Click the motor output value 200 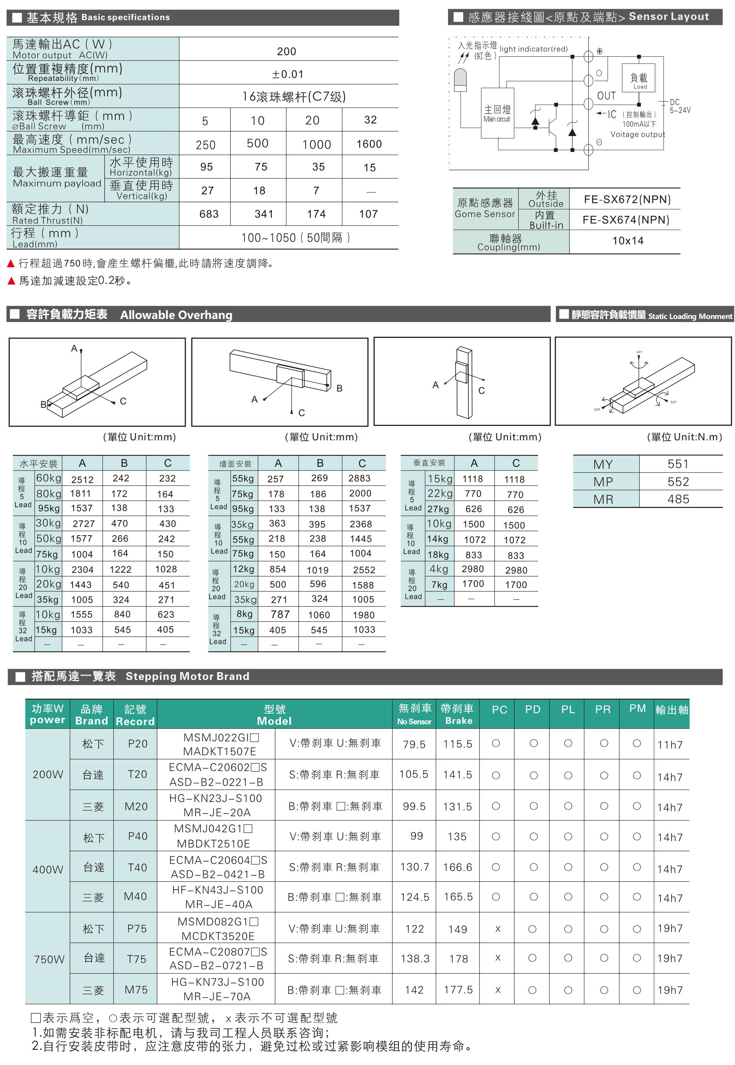coord(287,51)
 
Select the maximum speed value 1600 coord(369,144)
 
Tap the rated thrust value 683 coord(209,214)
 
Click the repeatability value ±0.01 coord(288,74)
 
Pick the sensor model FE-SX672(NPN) coord(627,199)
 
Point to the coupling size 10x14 coord(628,241)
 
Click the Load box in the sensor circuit coord(639,79)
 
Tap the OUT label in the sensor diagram coord(606,96)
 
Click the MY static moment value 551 coord(678,464)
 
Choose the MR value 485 coord(678,499)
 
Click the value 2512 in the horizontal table coord(82,480)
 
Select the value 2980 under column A coord(473,569)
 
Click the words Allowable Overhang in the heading coord(177,315)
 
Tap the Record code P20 coord(138,744)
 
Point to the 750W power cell coord(49,959)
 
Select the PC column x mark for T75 coord(498,958)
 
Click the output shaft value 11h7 coord(670,745)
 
